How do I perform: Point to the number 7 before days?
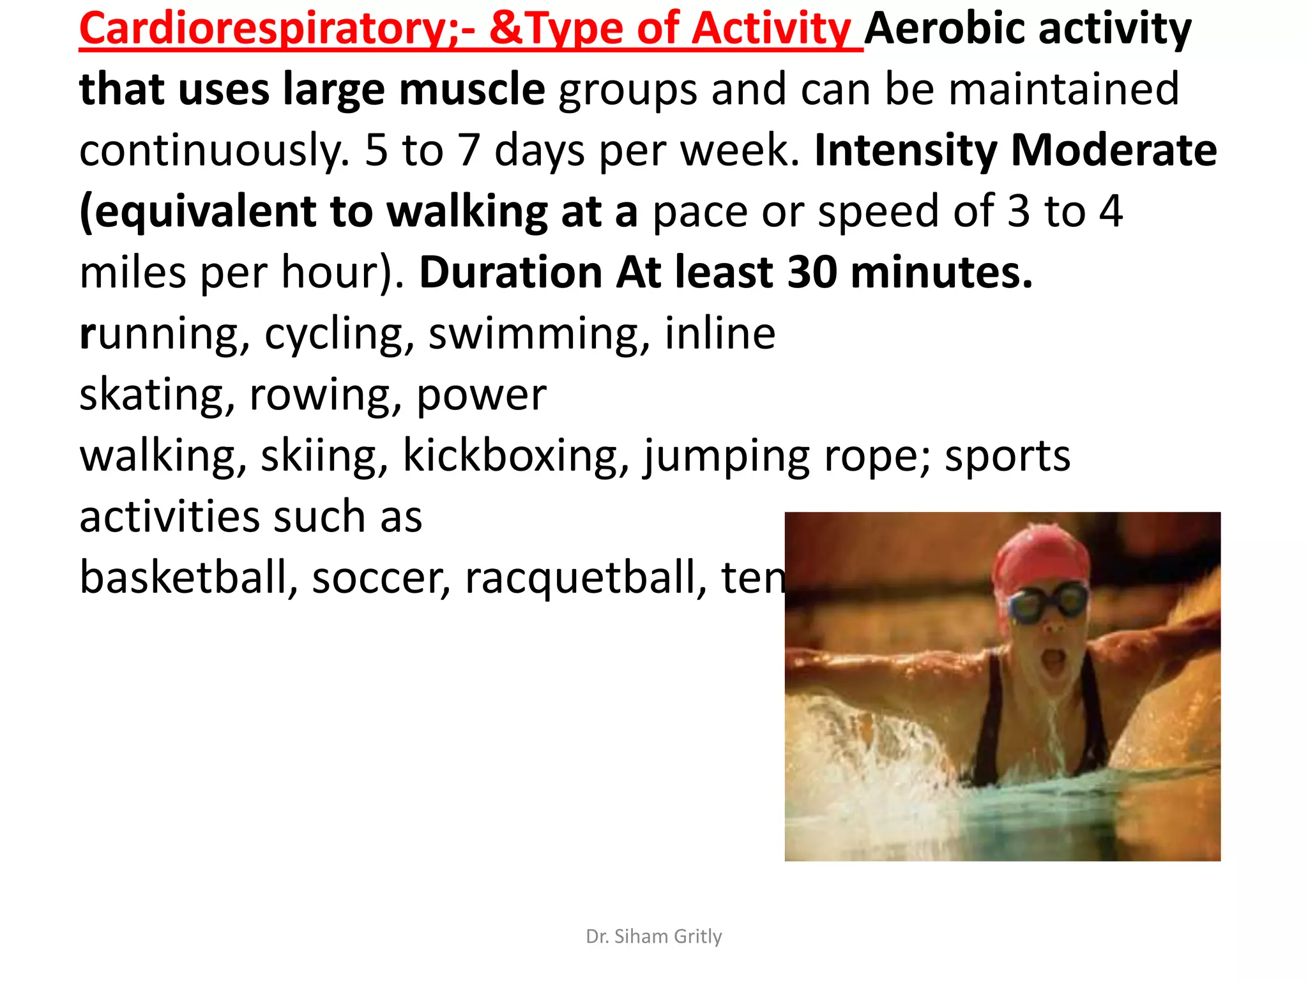click(469, 151)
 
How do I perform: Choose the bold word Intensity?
click(905, 151)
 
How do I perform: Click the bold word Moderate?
click(1114, 151)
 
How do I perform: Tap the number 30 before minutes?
click(812, 273)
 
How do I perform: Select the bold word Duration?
click(510, 273)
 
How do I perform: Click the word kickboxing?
click(511, 456)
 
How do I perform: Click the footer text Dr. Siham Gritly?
click(653, 936)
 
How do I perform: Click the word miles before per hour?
click(133, 273)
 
